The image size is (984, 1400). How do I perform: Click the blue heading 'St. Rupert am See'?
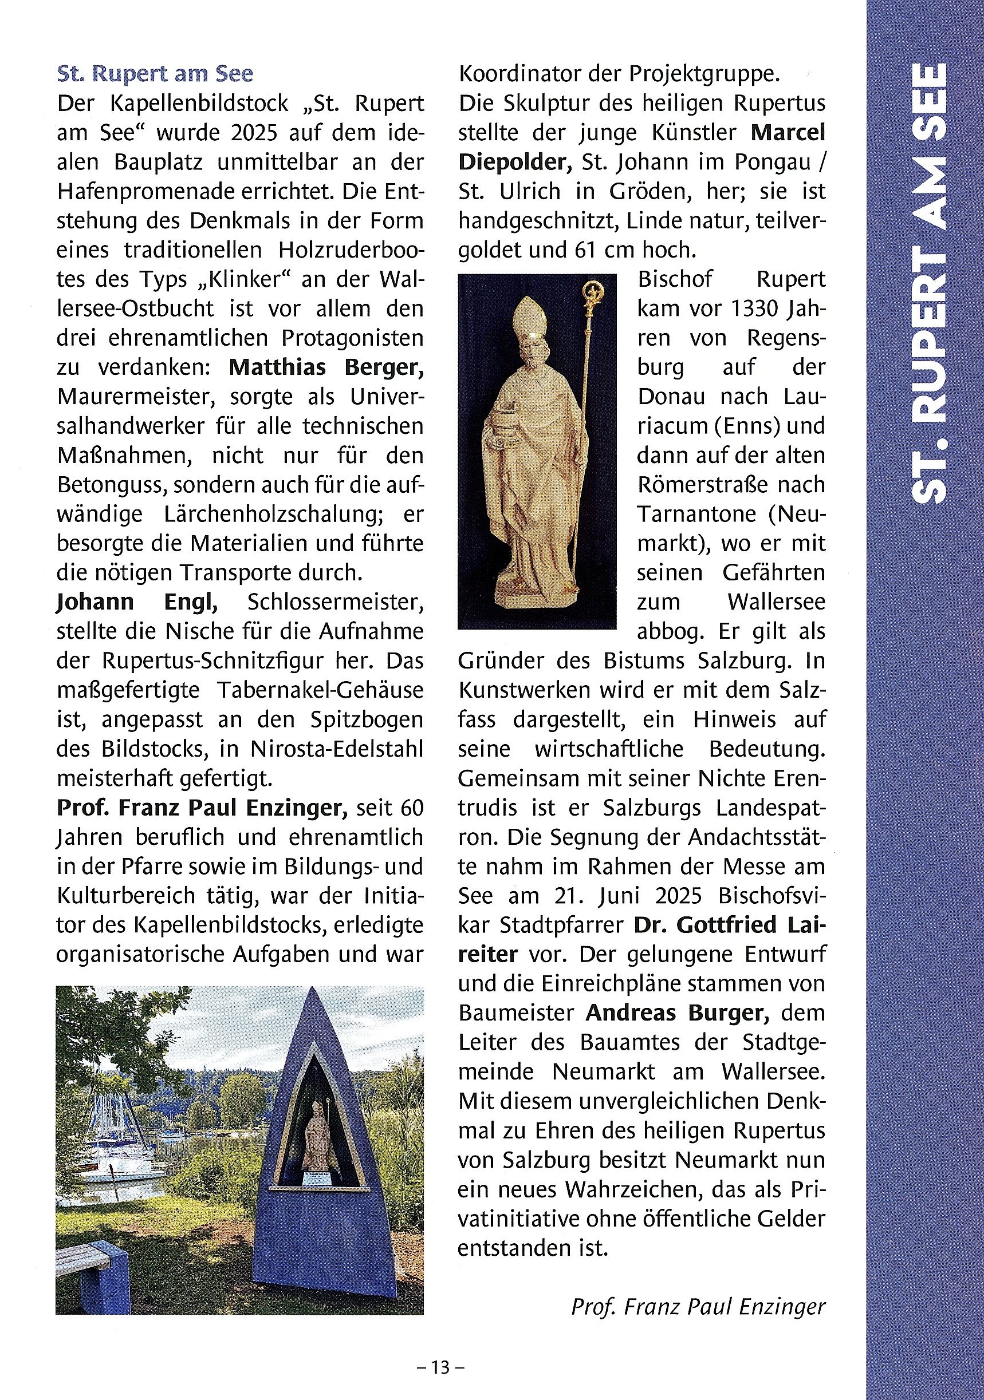click(155, 74)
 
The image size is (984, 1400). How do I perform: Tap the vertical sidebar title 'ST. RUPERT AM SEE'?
click(929, 283)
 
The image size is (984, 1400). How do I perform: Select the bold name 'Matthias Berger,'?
click(326, 367)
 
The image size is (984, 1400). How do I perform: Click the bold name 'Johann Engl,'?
click(137, 602)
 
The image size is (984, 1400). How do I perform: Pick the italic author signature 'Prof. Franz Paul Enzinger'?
click(698, 1306)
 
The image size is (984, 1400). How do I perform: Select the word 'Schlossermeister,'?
click(336, 602)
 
